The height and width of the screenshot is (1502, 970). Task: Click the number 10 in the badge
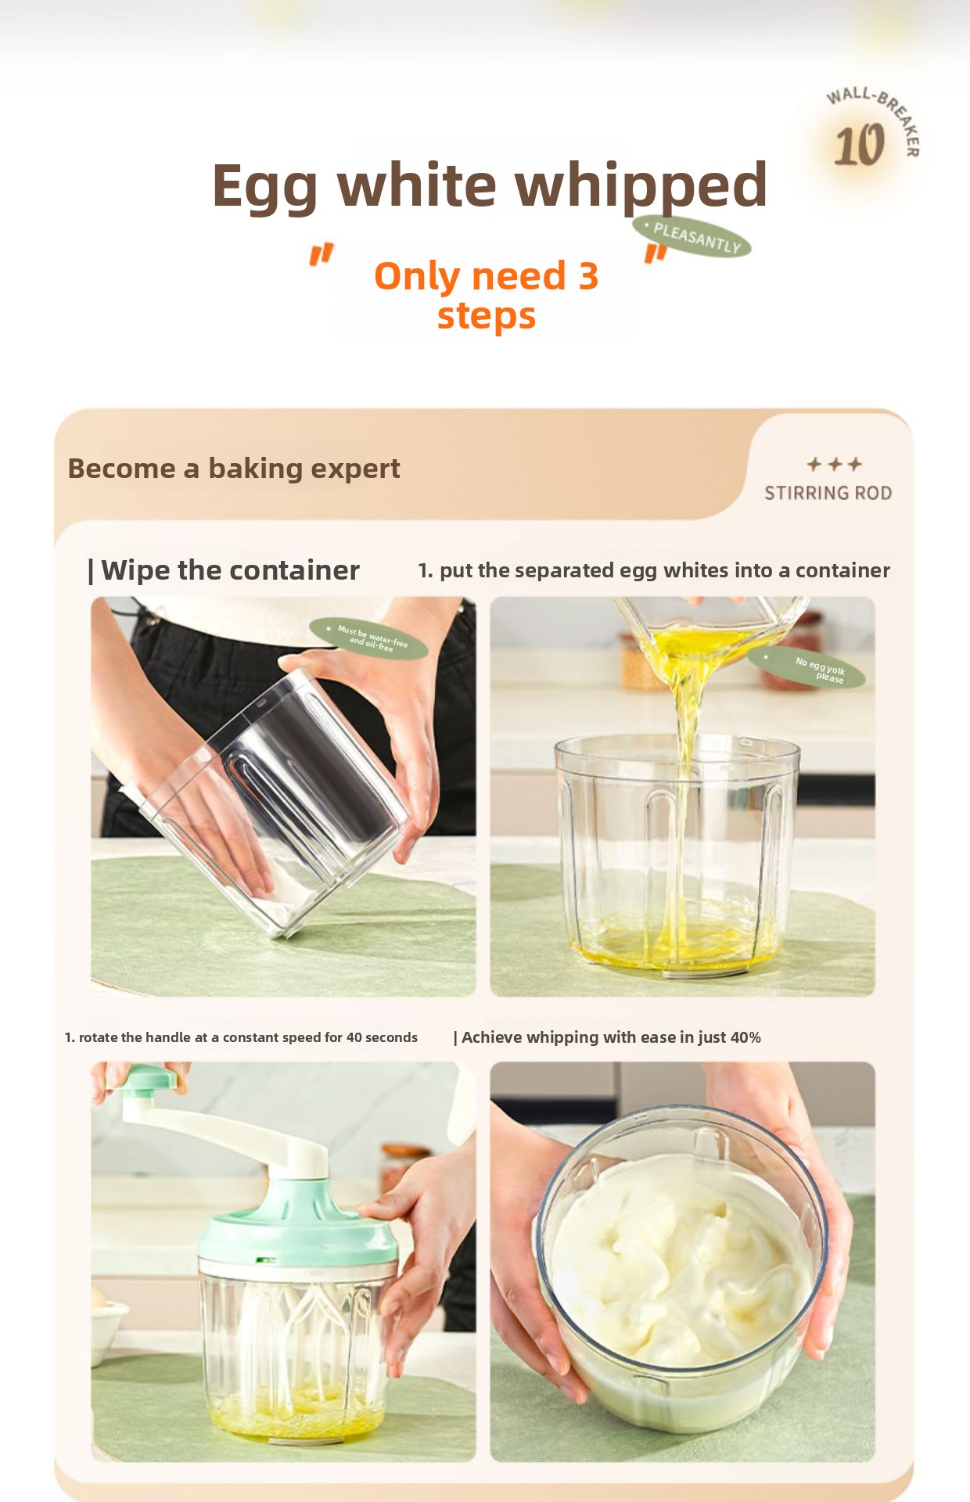tap(859, 146)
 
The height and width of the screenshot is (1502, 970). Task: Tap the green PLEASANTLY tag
tap(692, 236)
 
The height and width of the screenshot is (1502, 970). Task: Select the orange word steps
tap(486, 316)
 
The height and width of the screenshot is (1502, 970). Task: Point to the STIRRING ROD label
tap(828, 493)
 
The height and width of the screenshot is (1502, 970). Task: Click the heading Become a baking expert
tap(234, 469)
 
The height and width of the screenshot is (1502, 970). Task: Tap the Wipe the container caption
tap(224, 570)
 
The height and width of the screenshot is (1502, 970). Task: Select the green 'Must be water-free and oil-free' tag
tap(368, 638)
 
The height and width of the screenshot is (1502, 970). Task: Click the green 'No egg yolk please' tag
tap(807, 667)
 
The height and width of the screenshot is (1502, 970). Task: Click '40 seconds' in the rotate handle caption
tap(382, 1037)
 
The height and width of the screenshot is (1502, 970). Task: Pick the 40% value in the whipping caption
tap(745, 1037)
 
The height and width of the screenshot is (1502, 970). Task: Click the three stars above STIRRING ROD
tap(835, 464)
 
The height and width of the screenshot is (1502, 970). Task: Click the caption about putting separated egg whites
tap(654, 570)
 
